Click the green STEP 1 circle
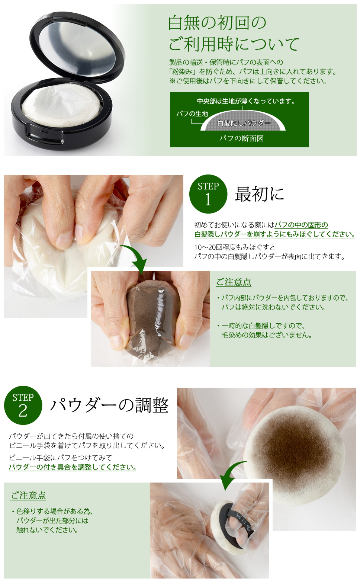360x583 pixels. pyautogui.click(x=208, y=194)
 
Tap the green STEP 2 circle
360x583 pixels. pyautogui.click(x=23, y=405)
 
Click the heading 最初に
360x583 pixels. pyautogui.click(x=259, y=194)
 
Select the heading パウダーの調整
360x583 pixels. pyautogui.click(x=109, y=405)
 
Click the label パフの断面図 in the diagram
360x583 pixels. pyautogui.click(x=241, y=138)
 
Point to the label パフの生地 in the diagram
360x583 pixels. pyautogui.click(x=192, y=114)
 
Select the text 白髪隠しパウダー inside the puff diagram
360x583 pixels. pyautogui.click(x=244, y=123)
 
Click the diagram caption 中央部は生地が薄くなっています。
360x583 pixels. pyautogui.click(x=246, y=101)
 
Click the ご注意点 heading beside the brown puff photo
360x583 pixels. pyautogui.click(x=234, y=282)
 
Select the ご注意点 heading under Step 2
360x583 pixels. pyautogui.click(x=28, y=496)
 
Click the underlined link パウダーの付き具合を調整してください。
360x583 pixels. pyautogui.click(x=72, y=467)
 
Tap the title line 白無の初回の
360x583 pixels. pyautogui.click(x=217, y=23)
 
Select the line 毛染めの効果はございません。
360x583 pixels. pyautogui.click(x=267, y=335)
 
